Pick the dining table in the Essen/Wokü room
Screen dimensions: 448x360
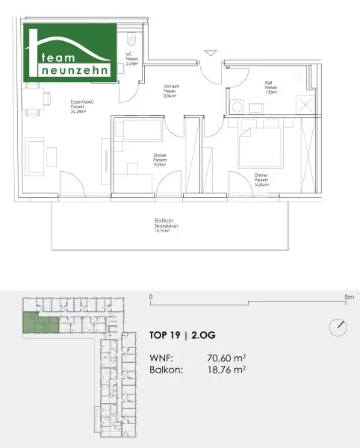click(32, 99)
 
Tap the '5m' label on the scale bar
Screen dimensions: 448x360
click(348, 296)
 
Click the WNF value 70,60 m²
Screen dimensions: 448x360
click(226, 357)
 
